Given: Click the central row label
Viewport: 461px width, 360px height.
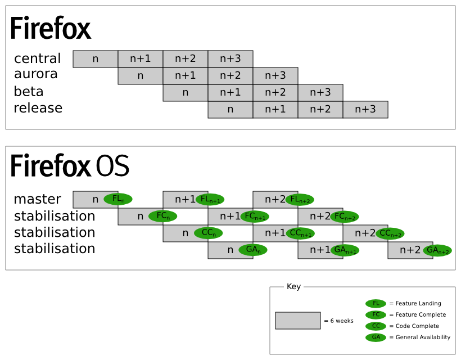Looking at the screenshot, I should point(37,58).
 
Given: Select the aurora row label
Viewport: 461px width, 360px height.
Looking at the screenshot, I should point(36,74).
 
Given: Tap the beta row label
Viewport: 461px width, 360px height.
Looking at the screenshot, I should point(29,91).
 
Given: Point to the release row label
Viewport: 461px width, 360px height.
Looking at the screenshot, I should point(38,107).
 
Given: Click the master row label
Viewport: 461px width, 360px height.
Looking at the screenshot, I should point(37,199).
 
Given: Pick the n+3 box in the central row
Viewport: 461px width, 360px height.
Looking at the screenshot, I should point(231,58).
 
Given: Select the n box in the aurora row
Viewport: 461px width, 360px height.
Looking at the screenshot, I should point(141,76).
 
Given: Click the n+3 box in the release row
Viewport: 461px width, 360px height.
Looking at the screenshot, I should point(365,110).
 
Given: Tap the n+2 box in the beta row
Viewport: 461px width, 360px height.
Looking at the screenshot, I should point(275,93).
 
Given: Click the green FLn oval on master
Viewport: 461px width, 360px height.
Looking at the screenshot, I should point(118,199).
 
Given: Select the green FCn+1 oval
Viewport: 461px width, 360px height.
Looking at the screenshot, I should point(255,216).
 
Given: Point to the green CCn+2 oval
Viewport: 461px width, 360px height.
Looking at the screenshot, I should point(390,233).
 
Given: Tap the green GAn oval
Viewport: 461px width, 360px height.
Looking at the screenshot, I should point(252,250).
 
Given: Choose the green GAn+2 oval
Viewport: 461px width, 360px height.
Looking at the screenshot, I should point(437,250).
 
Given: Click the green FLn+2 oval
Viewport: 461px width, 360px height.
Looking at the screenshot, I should point(300,199).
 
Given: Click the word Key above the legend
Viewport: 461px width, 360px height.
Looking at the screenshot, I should point(293,287).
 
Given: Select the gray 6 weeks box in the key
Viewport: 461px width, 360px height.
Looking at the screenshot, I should point(298,321).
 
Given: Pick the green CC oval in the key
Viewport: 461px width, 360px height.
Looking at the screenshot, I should point(376,326).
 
